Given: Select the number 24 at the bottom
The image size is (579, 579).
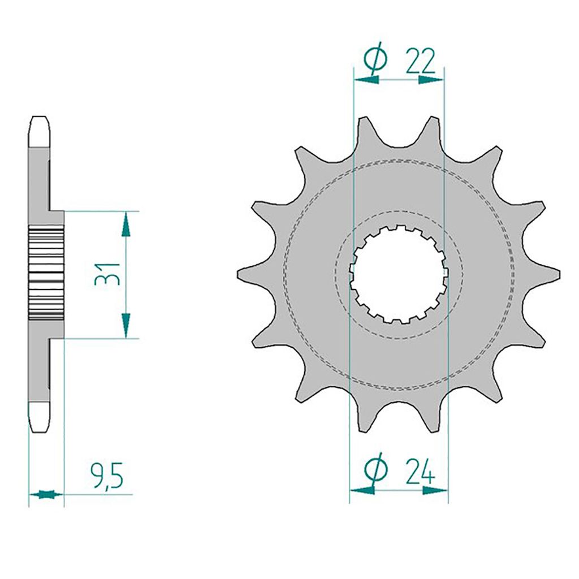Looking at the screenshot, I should coord(420,469).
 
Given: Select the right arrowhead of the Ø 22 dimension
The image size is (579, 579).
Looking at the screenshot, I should coord(431,80).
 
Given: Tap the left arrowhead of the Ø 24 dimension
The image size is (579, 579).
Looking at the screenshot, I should coord(362,490).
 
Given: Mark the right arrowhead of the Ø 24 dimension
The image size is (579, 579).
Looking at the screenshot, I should coord(436,490).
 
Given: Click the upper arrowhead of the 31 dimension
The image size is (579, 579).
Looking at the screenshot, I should coord(126,224).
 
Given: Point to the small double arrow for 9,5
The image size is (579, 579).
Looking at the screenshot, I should coord(46,495).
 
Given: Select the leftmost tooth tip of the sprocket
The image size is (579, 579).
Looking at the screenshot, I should coord(240,274).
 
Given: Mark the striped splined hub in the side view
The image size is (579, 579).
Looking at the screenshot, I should coord(45,274).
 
